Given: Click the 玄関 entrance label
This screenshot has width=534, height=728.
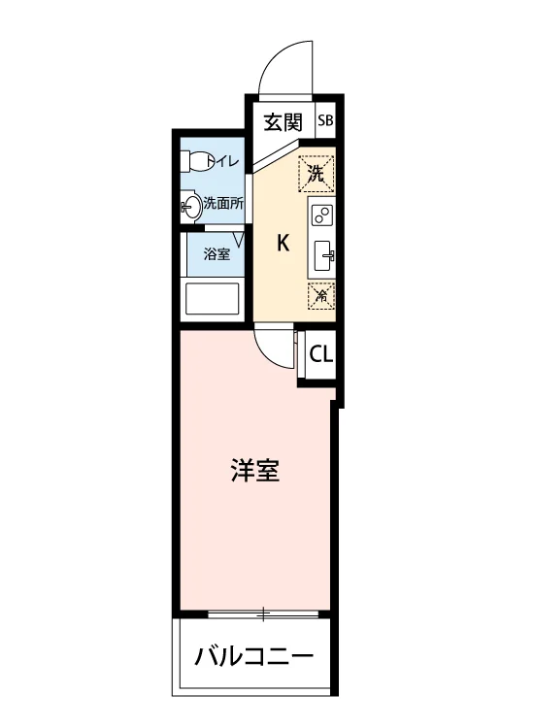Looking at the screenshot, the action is tap(283, 121).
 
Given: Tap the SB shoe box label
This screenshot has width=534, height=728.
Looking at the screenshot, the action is tap(325, 120).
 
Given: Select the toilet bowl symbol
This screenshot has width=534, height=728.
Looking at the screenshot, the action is tap(194, 161).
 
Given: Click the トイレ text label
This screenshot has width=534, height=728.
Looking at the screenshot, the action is tap(223, 161).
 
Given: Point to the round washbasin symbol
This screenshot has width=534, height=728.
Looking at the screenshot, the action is tap(191, 206).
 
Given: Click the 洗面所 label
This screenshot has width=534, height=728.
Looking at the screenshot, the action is tap(223, 204).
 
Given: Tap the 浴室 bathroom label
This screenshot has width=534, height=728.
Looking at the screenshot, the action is tap(217, 254).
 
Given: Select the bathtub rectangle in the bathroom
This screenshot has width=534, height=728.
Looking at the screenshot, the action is tap(213, 299).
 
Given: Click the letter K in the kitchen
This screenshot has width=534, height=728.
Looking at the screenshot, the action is tap(284, 243).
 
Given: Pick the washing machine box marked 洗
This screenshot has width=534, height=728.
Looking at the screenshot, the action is tap(317, 174).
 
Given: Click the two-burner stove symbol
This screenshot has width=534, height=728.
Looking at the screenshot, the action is tap(321, 215).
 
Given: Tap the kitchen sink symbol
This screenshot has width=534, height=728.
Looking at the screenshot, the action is tap(323, 255).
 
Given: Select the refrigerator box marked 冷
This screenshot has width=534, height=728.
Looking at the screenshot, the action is tap(321, 295).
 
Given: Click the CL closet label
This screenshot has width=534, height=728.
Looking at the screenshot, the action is tap(320, 355).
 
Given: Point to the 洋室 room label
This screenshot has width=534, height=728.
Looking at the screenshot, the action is tap(255, 471).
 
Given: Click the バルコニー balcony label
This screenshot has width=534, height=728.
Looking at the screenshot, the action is tap(254, 657).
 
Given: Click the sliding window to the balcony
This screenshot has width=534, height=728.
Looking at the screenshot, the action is tap(263, 614).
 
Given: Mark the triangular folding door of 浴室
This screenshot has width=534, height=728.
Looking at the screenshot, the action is tap(239, 240).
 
